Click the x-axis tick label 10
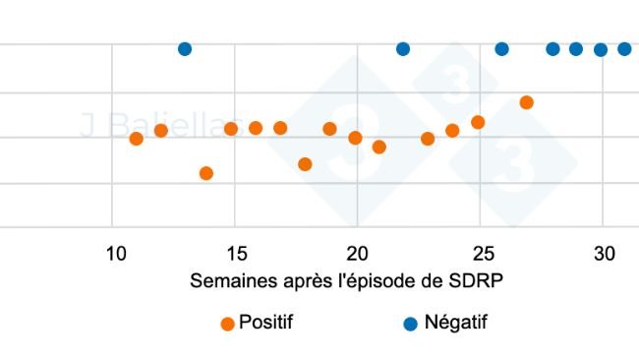(115, 254)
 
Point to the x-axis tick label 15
(237, 254)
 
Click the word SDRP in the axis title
(478, 280)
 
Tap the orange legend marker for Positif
(227, 323)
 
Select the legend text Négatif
(455, 322)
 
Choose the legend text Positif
(265, 322)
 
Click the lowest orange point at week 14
(206, 173)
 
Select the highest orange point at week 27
(526, 102)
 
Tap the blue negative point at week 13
(184, 49)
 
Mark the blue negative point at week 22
(402, 49)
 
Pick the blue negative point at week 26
(501, 49)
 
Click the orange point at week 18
(305, 164)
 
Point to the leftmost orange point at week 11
(136, 139)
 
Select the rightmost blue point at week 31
(624, 49)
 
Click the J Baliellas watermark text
(147, 126)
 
